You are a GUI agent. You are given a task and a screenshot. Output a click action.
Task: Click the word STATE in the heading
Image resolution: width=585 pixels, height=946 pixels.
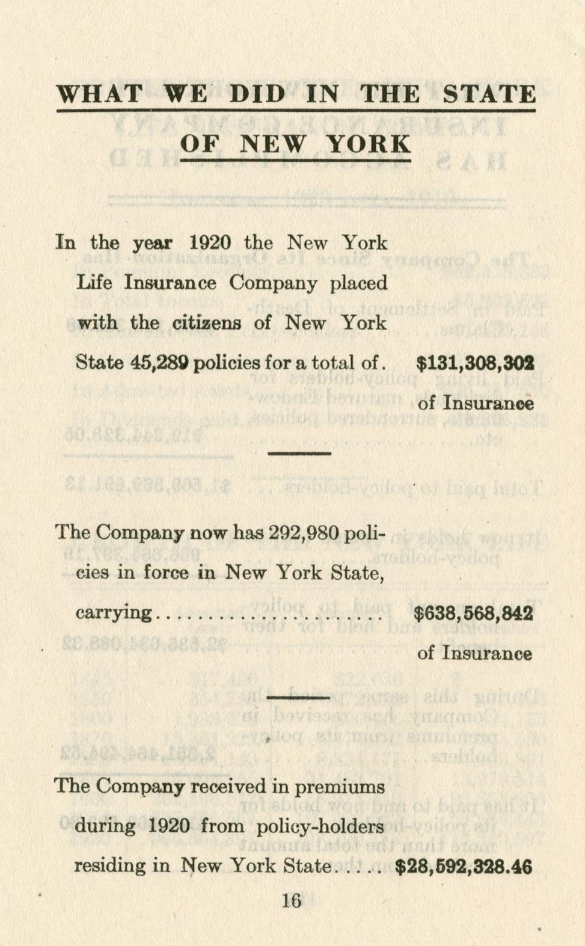coord(488,94)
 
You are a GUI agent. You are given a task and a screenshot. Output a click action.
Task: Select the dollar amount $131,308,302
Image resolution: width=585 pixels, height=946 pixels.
coord(475,363)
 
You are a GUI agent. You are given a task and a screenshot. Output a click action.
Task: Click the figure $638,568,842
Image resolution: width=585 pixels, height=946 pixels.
coord(473,613)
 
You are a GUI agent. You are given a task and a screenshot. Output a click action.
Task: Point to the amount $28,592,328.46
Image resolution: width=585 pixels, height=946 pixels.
coord(464,867)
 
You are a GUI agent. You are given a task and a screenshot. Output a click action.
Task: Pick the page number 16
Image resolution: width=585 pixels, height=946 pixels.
coord(291,900)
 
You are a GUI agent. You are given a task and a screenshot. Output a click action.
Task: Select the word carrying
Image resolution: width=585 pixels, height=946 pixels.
coord(114,613)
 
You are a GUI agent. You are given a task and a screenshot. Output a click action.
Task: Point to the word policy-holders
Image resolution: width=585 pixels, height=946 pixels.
coord(320,826)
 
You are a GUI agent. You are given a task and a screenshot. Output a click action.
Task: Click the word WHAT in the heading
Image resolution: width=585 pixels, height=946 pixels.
coord(99,94)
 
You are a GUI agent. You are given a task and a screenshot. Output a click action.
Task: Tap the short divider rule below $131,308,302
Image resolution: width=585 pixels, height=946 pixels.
coord(299,453)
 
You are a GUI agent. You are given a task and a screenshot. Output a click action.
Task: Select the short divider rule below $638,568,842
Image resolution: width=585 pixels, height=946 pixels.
coord(299,698)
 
